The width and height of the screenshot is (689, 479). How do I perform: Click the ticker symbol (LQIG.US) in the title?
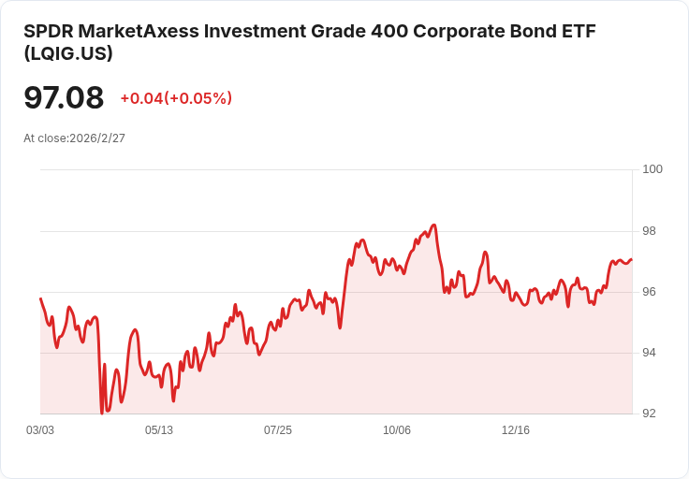(x=68, y=54)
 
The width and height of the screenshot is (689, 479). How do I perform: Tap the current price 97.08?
(x=64, y=97)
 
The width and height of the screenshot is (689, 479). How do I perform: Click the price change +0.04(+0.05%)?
(x=176, y=98)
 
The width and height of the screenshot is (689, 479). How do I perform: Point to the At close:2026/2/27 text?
(x=75, y=138)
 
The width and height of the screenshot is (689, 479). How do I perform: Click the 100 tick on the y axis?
(x=652, y=169)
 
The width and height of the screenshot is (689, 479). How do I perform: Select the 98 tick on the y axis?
(x=650, y=231)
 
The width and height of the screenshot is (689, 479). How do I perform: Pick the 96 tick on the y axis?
(x=650, y=292)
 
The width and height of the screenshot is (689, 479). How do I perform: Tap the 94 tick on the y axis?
(x=650, y=353)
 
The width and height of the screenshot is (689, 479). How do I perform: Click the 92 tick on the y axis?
(x=650, y=414)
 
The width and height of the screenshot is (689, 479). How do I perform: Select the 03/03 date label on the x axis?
(x=40, y=430)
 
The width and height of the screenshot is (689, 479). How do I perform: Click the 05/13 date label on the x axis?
(x=159, y=430)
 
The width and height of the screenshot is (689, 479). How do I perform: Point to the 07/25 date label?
(x=278, y=430)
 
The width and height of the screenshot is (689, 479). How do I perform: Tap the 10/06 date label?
(x=397, y=430)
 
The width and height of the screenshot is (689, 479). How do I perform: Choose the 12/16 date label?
(x=516, y=430)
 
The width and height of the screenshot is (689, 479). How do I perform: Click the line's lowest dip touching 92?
(x=101, y=413)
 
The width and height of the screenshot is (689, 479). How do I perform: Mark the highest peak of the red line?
(x=434, y=225)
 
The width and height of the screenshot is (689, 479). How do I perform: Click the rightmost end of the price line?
(x=632, y=259)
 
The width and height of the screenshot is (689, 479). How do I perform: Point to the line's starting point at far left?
(x=40, y=298)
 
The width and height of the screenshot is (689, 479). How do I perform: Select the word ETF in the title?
(x=579, y=31)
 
